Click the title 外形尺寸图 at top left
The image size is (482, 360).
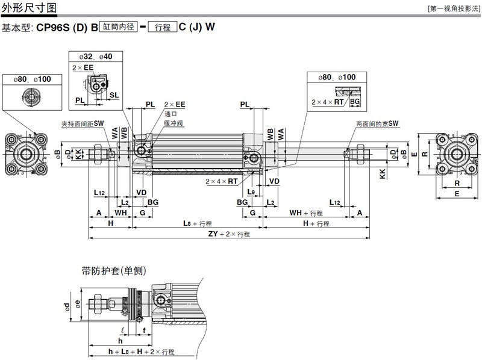30,8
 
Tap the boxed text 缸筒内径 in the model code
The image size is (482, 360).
119,27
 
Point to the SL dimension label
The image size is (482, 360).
114,95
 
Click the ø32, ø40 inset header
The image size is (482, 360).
97,56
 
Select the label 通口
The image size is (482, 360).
171,113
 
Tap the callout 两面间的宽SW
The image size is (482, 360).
377,123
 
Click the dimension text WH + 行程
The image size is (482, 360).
305,213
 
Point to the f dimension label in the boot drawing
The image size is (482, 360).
144,329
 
